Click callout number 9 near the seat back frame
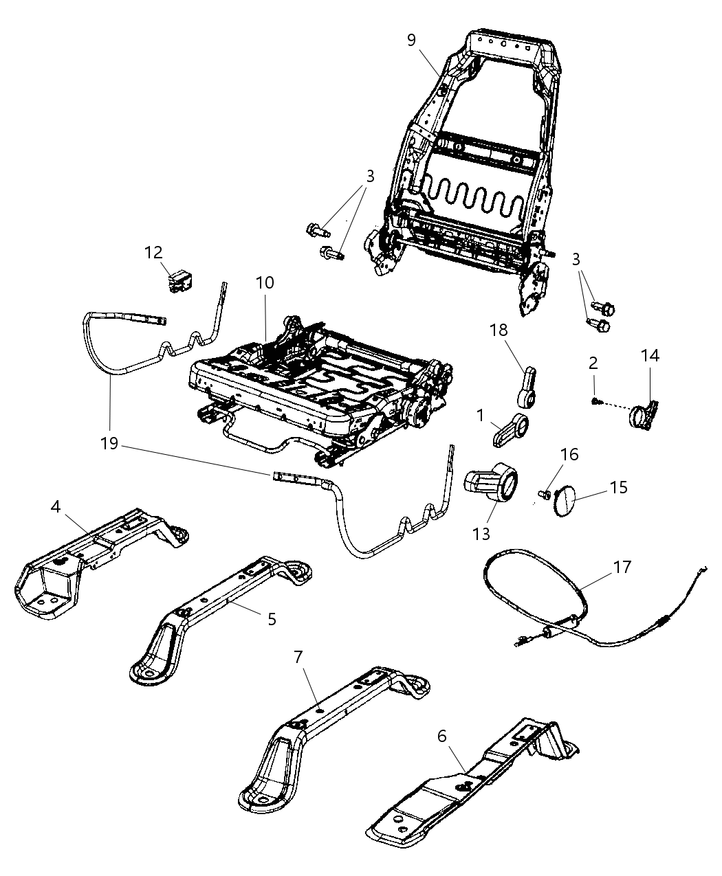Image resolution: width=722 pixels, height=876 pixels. coord(411,40)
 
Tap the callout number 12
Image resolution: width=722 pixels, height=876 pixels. coord(153,252)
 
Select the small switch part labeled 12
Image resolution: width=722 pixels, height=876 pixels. coord(181,281)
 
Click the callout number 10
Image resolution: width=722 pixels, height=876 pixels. coord(265,282)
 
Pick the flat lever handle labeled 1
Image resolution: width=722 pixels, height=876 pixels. coord(511,431)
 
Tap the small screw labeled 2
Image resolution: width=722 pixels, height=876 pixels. coord(595,401)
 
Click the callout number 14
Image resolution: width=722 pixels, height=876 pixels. coord(649,355)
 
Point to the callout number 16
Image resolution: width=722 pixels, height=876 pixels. coord(569,454)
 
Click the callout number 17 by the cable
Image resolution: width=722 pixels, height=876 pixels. coord(622,567)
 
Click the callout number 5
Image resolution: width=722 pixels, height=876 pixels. coord(272,618)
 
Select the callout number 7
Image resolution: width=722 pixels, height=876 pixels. coord(298,656)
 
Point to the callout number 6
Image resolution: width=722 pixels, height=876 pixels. coord(441,736)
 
